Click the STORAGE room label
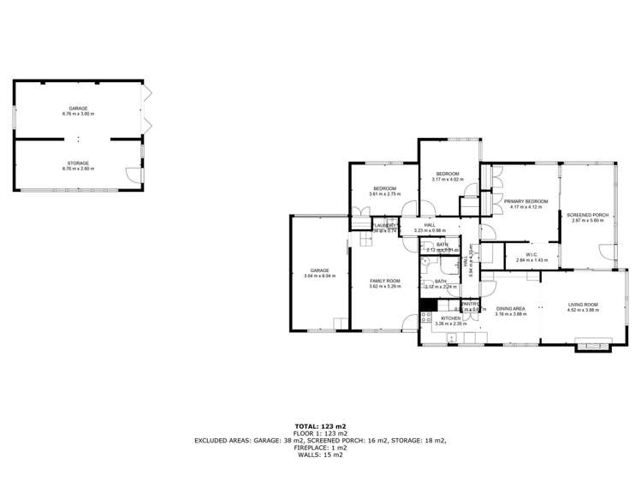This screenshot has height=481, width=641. [78, 163]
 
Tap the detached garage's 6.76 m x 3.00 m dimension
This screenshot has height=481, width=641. [78, 114]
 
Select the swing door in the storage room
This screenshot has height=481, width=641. [132, 175]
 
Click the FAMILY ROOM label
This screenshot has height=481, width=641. [384, 281]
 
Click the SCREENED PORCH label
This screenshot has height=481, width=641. [588, 215]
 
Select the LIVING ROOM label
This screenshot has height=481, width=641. [583, 305]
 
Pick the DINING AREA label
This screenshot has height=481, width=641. [511, 309]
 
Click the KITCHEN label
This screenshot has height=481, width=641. [450, 318]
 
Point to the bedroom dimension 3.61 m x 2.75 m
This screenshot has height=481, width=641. [384, 194]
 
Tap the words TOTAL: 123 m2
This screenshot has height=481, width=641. [320, 425]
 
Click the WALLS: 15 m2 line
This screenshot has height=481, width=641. [320, 454]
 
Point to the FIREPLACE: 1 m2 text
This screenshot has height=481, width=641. [320, 448]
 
